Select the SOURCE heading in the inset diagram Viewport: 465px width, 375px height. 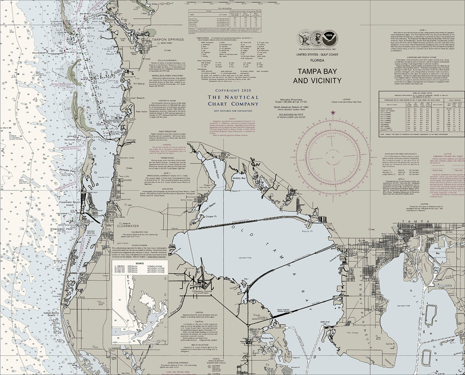(139, 263)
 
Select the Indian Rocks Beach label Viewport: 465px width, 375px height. (53, 313)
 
